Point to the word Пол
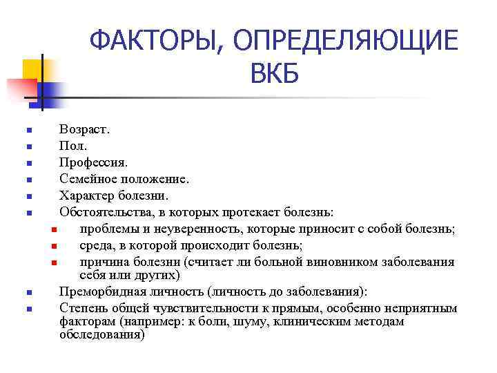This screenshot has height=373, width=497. click(x=74, y=146)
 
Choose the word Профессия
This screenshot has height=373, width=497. click(x=94, y=162)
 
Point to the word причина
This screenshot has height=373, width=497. click(x=104, y=262)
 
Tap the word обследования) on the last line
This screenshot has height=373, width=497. click(x=102, y=335)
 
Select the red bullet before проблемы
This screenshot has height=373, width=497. click(x=53, y=229)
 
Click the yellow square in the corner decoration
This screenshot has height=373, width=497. click(x=32, y=69)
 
